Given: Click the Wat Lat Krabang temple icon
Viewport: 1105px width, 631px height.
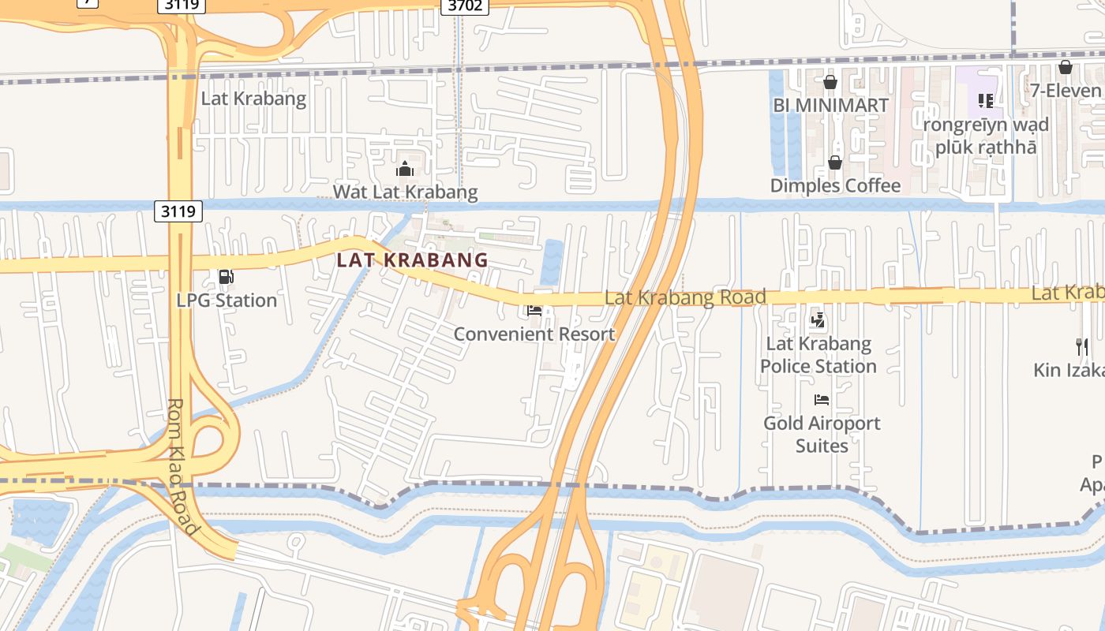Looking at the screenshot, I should click(405, 169).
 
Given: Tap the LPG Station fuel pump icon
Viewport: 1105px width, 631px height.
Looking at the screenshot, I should click(226, 277).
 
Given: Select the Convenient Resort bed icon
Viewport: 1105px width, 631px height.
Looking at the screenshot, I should click(534, 311).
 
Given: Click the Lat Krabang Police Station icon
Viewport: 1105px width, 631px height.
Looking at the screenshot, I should click(818, 320).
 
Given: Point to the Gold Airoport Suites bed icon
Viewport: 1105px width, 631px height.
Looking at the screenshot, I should click(822, 400).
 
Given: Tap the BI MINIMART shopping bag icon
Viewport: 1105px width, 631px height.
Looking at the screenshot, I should click(830, 82).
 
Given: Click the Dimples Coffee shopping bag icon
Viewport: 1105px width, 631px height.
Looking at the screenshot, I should click(835, 162).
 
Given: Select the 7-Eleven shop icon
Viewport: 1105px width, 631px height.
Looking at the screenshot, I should click(1066, 67).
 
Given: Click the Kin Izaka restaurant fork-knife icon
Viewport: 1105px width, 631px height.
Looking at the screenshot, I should click(1082, 346).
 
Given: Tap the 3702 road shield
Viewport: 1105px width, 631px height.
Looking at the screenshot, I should click(464, 6).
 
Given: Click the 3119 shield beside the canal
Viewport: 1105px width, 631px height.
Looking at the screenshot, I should click(178, 211).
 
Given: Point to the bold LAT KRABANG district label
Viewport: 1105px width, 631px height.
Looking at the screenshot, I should click(413, 259).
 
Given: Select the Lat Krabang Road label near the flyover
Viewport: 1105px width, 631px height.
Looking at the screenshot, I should click(685, 297).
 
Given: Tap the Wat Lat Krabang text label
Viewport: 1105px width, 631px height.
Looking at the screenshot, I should click(405, 192).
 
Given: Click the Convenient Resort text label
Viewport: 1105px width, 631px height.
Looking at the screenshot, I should click(534, 334).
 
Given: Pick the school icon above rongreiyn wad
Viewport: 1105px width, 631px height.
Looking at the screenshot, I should click(986, 100).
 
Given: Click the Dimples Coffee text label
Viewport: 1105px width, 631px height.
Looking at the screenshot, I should click(835, 185).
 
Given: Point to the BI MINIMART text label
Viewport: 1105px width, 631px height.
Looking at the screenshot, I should click(830, 105).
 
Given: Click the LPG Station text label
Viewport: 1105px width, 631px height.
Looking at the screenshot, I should click(227, 301).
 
